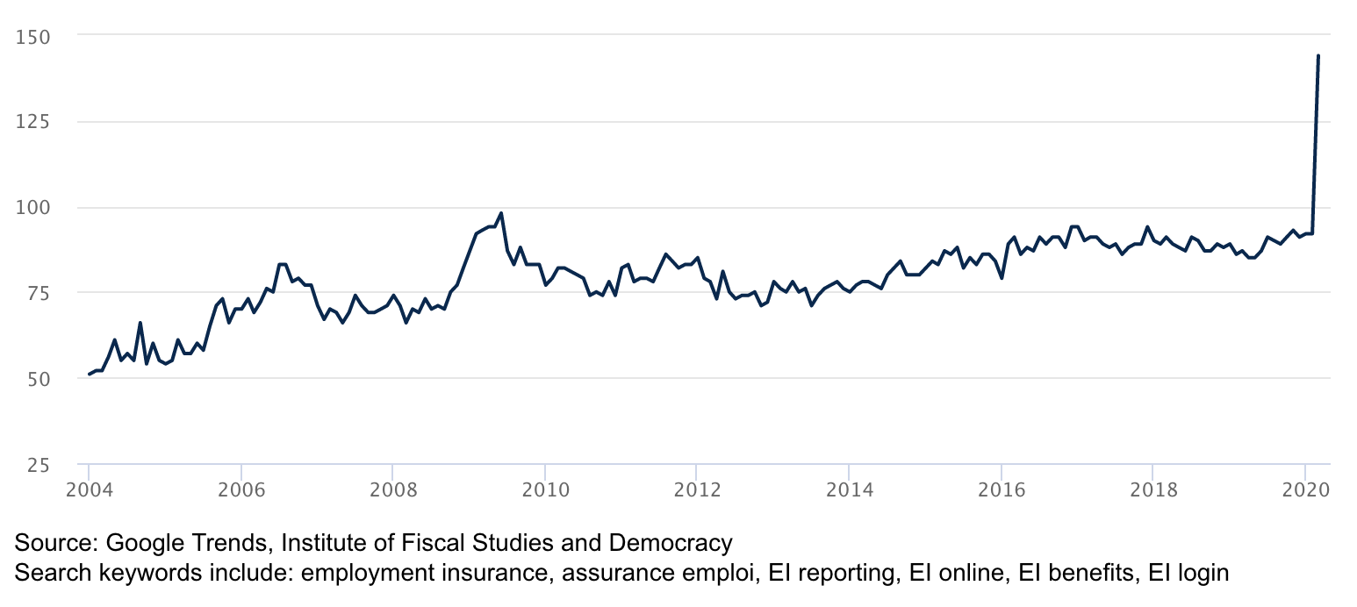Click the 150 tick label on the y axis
point(34,36)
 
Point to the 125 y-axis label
point(34,122)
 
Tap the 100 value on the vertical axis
point(34,208)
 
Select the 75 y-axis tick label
point(38,293)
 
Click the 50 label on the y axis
point(38,379)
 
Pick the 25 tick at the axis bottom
point(38,464)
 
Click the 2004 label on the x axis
point(90,489)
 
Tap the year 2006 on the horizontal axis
point(241,489)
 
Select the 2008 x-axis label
point(393,489)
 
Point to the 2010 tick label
point(545,489)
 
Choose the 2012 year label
point(697,489)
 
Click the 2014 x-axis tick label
point(849,489)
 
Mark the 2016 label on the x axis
point(1001,489)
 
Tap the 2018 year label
point(1152,489)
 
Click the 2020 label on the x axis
point(1304,489)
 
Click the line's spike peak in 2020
point(1318,55)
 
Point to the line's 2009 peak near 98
point(500,213)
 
